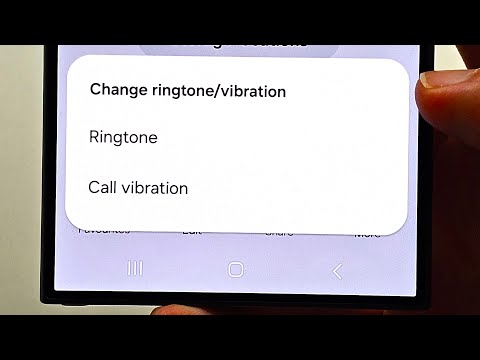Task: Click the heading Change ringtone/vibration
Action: (x=188, y=91)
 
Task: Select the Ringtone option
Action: (x=123, y=137)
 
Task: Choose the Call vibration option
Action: (x=138, y=187)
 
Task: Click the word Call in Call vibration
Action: (x=102, y=187)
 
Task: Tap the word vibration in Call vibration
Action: (x=154, y=187)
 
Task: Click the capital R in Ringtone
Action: (x=94, y=137)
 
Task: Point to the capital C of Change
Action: (x=96, y=91)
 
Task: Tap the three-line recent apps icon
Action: (x=135, y=269)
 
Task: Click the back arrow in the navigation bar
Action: (x=337, y=270)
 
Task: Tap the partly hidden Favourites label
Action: (x=105, y=231)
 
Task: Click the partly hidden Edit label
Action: (x=192, y=231)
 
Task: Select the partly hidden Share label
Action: (x=279, y=232)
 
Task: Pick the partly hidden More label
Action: (x=367, y=232)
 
